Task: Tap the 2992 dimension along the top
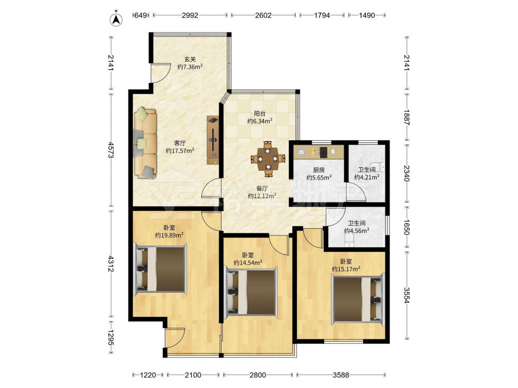[190, 15]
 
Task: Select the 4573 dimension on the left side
[111, 150]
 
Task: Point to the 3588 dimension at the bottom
[341, 375]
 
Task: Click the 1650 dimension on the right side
[406, 227]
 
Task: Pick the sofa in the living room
[146, 143]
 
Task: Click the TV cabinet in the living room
[213, 140]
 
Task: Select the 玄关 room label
[190, 59]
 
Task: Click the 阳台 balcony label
[260, 113]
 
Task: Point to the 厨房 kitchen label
[319, 170]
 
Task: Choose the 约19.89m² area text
[169, 235]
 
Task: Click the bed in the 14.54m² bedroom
[251, 292]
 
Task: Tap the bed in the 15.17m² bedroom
[358, 299]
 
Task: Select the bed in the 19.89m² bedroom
[160, 269]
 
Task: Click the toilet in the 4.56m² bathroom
[349, 241]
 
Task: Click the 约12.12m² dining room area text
[262, 196]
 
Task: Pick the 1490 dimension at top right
[367, 15]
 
